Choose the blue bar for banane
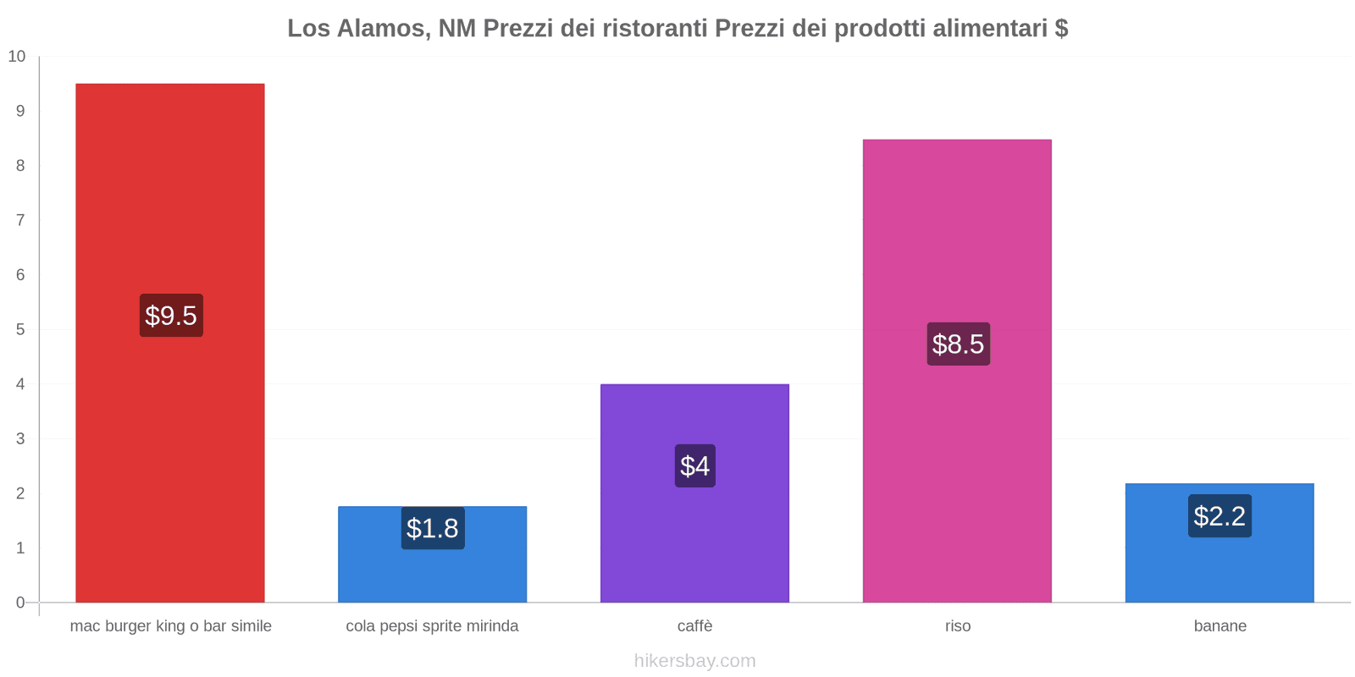pos(1219,567)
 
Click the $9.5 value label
pos(171,316)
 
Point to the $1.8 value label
pos(433,528)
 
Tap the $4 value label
pos(694,465)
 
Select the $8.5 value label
pos(958,344)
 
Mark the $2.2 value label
pos(1219,515)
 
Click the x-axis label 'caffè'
pos(694,626)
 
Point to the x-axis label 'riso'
pos(958,626)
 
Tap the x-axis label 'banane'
pos(1219,626)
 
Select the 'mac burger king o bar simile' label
pos(171,626)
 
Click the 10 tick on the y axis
pos(17,57)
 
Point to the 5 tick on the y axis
pos(20,329)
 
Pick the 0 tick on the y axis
pos(20,603)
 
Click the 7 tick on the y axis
pos(20,220)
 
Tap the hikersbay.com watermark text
pos(694,661)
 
